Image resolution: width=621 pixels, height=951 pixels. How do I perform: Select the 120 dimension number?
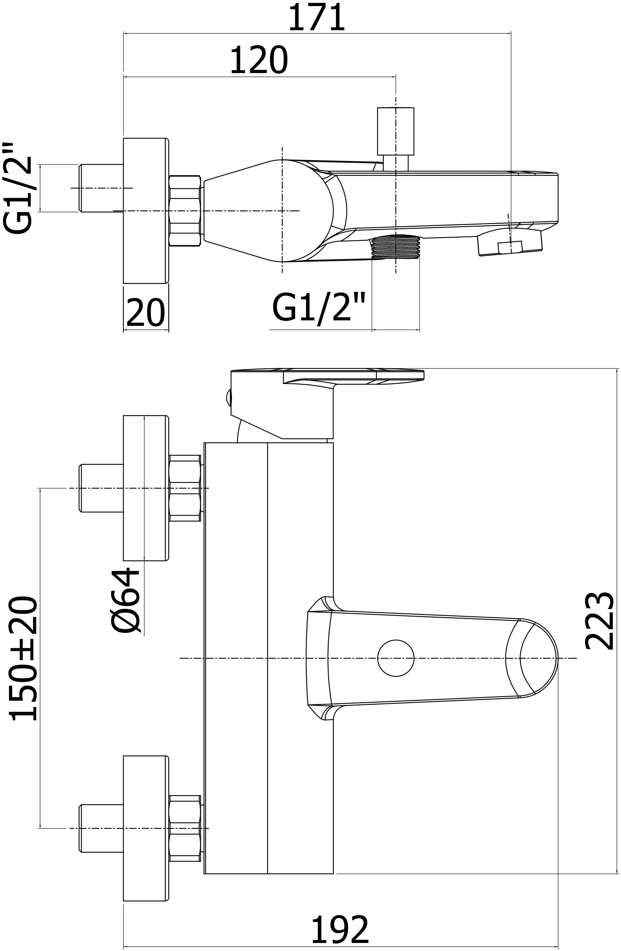coord(259,61)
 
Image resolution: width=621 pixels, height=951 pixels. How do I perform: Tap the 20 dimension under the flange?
coord(145,313)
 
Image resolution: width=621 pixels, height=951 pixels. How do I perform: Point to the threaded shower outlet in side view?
coord(395,246)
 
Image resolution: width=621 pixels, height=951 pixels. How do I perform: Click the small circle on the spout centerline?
coord(395,658)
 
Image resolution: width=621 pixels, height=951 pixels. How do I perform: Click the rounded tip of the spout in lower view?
coord(538,658)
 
